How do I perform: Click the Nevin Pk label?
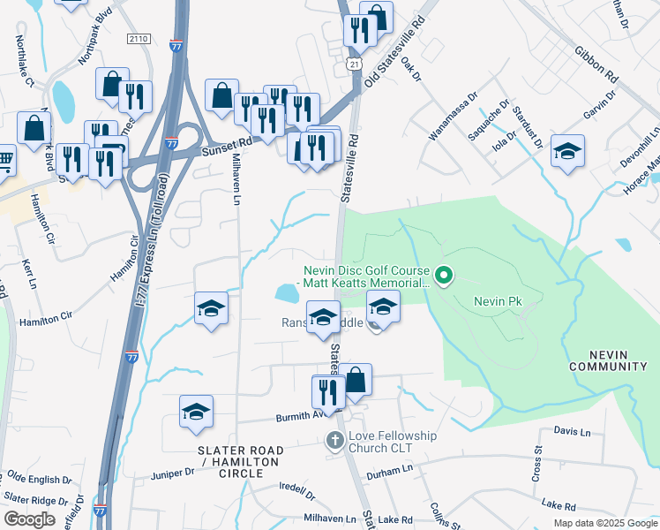498,301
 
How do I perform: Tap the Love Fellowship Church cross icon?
334,439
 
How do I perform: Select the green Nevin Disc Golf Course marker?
446,277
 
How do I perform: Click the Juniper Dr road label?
172,473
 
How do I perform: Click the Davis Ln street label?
572,431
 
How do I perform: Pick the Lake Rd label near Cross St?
559,505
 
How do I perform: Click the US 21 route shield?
353,66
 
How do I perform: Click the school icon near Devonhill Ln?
567,151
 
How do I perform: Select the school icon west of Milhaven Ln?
212,308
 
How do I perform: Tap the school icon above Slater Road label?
196,412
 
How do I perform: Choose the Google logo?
30,519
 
